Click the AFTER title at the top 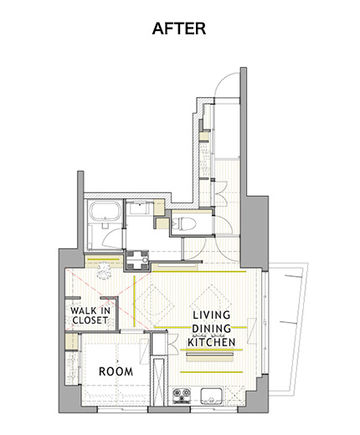coord(179,28)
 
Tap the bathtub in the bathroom coord(105,210)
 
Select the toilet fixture coord(183,223)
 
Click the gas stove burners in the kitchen coord(182,396)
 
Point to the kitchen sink coord(211,396)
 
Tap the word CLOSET coord(90,320)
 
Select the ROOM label coord(116,371)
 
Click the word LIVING coord(212,315)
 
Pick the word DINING coord(211,329)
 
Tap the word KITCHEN coord(212,342)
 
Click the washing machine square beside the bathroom coord(136,260)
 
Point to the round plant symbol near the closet coord(104,270)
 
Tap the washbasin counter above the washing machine coord(140,207)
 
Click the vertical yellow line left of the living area coord(134,301)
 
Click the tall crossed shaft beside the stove coord(159,381)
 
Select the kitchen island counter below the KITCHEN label coord(209,357)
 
